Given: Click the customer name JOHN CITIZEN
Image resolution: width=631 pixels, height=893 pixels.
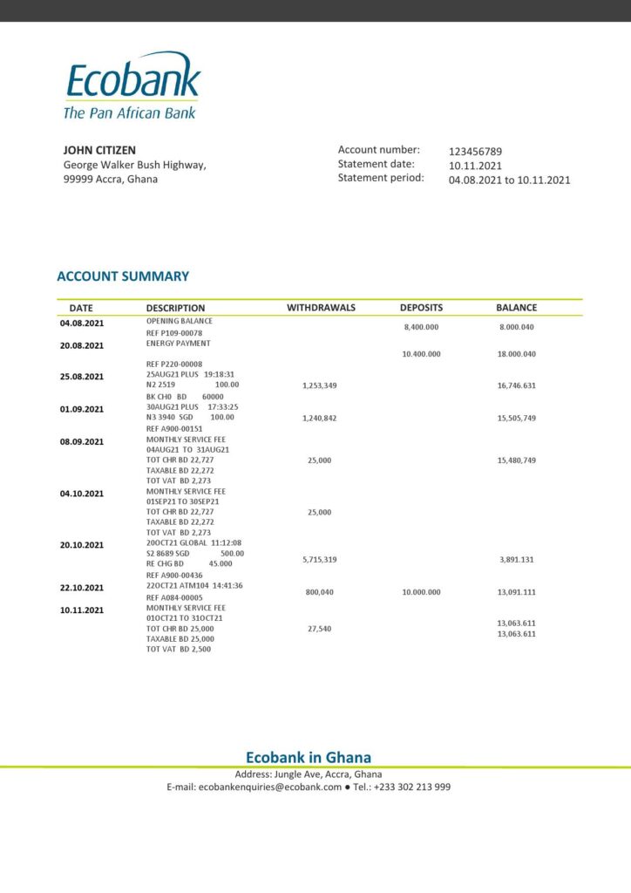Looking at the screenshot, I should [x=99, y=150].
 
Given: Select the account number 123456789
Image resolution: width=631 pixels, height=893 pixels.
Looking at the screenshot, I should [x=475, y=151].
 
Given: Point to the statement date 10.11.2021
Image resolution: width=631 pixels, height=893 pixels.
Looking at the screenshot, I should [x=475, y=166].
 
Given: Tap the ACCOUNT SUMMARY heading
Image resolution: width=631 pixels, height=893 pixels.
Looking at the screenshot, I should [x=123, y=276].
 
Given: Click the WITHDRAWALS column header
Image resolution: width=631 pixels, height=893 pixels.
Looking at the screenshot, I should [x=322, y=308].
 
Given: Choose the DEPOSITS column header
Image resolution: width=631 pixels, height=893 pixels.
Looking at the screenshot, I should [x=421, y=308].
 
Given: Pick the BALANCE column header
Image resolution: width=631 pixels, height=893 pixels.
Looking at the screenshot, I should [x=516, y=308].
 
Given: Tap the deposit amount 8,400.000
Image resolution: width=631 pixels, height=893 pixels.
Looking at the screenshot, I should [x=421, y=327].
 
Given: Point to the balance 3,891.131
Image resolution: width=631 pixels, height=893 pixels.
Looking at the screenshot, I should [x=517, y=560].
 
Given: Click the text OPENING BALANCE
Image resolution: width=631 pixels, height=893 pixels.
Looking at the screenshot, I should [x=179, y=322].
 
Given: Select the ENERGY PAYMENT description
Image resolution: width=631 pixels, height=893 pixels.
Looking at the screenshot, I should [x=178, y=344].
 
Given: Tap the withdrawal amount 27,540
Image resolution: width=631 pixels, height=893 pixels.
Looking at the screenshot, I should [x=319, y=629].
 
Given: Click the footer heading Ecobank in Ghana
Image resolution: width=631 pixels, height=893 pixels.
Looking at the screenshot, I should [x=309, y=758].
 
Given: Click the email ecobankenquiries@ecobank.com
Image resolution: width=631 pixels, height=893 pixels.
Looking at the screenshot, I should [x=270, y=787].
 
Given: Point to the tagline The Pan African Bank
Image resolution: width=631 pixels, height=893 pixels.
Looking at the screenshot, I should [x=129, y=112].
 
